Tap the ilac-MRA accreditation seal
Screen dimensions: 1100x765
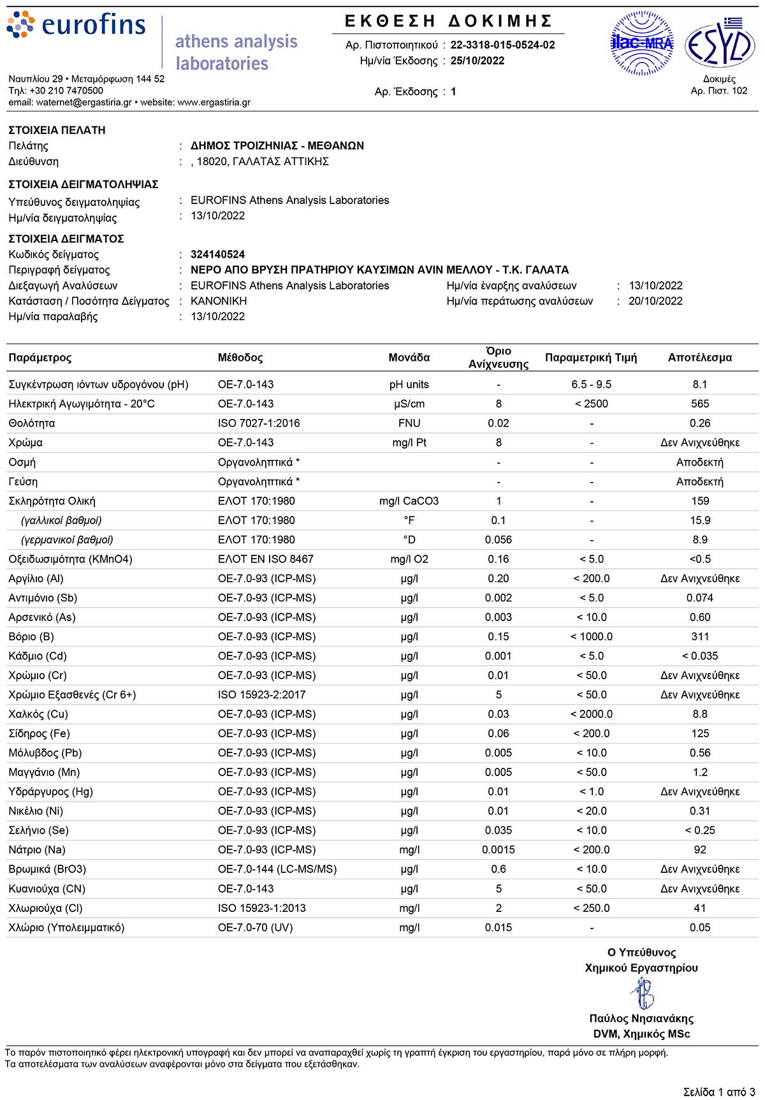tap(641, 43)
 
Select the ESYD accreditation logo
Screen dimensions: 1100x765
tap(720, 43)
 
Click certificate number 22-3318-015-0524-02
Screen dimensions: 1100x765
tap(502, 45)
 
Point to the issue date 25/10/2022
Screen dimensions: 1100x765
tap(477, 61)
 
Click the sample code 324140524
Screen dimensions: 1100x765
tap(217, 254)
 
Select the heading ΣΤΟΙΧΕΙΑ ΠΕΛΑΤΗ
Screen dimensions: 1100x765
tap(57, 130)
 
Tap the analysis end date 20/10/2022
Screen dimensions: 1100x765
tap(655, 301)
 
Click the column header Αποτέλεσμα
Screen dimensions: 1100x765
tap(699, 358)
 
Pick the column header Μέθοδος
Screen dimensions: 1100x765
tap(240, 358)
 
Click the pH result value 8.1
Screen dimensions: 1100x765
tap(699, 385)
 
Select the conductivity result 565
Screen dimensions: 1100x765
tap(699, 404)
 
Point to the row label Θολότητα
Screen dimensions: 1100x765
tap(32, 423)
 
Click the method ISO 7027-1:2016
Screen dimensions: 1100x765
tap(259, 423)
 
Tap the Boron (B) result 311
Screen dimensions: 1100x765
tap(699, 636)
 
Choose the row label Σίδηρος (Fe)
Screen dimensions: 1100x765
tap(40, 733)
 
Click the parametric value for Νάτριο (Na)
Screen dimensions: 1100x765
tap(591, 849)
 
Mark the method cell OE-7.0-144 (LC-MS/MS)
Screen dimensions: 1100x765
tap(277, 869)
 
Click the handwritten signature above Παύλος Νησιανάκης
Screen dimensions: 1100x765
tap(642, 993)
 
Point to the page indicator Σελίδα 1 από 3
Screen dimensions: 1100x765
tap(718, 1092)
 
